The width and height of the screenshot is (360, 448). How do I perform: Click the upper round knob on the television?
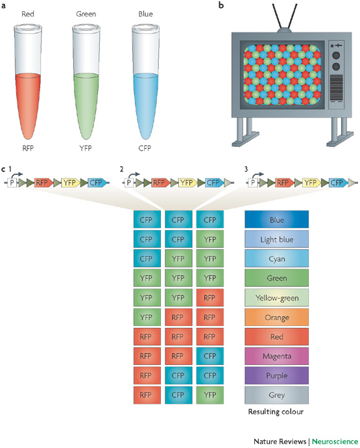pyautogui.click(x=336, y=55)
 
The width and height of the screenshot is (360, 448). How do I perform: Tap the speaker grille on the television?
pyautogui.click(x=336, y=88)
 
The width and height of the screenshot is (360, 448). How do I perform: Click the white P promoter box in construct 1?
pyautogui.click(x=12, y=182)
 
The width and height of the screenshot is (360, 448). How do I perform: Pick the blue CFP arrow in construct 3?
pyautogui.click(x=338, y=182)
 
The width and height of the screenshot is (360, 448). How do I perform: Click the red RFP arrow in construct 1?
pyautogui.click(x=43, y=182)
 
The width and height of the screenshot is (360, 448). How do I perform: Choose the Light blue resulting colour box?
pyautogui.click(x=276, y=239)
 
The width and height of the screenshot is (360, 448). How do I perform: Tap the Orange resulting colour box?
pyautogui.click(x=276, y=317)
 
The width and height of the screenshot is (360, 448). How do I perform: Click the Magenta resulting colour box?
pyautogui.click(x=276, y=356)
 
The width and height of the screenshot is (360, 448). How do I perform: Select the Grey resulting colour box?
pyautogui.click(x=276, y=395)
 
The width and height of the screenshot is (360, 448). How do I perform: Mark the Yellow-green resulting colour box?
pyautogui.click(x=276, y=298)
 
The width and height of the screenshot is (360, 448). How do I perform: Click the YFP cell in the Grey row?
pyautogui.click(x=210, y=395)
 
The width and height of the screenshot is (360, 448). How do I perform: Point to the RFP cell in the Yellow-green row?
pyautogui.click(x=210, y=298)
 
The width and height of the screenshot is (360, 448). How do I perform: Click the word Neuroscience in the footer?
pyautogui.click(x=335, y=442)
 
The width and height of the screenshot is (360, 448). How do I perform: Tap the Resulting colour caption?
pyautogui.click(x=276, y=412)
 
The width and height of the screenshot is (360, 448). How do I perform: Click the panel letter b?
pyautogui.click(x=221, y=5)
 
